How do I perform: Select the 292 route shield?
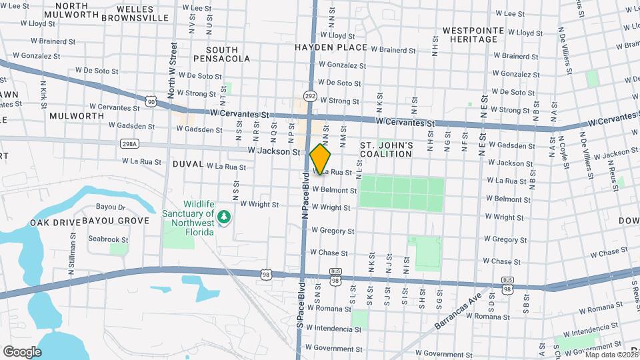point(310,96)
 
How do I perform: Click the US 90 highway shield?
point(151,101)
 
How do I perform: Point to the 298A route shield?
point(130,143)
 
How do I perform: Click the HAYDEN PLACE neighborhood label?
point(331,47)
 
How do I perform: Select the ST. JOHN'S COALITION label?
point(386,149)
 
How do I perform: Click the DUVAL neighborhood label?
point(187,163)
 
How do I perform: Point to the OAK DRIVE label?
point(55,221)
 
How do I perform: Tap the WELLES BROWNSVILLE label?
point(135,13)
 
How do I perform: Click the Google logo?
point(22,351)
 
